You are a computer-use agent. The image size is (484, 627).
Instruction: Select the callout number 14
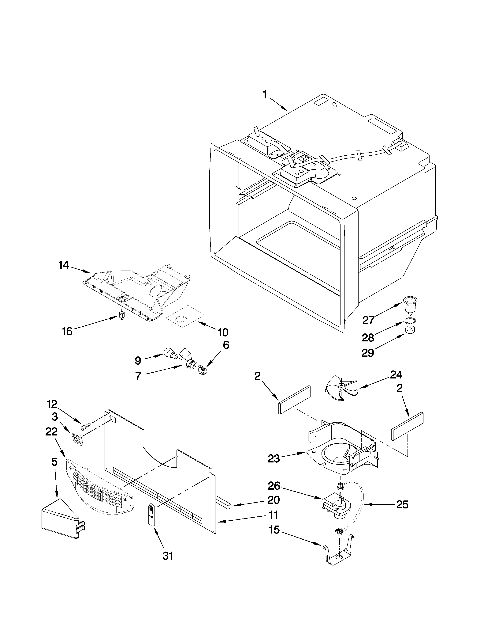(64, 265)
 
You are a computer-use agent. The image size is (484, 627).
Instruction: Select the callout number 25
(402, 505)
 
